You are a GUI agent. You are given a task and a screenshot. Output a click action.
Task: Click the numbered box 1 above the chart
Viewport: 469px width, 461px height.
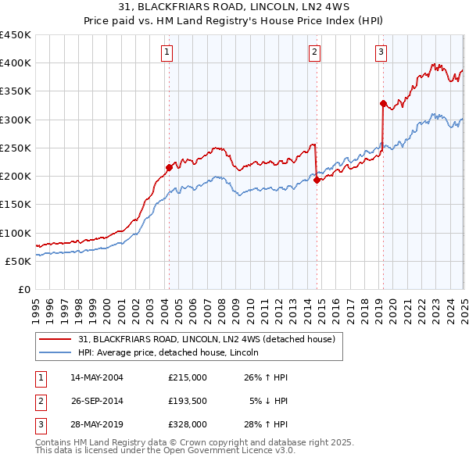[168, 52]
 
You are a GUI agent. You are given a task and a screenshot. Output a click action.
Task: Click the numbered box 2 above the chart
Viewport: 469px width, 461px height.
[314, 52]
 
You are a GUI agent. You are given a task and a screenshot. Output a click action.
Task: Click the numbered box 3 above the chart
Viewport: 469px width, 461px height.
[381, 52]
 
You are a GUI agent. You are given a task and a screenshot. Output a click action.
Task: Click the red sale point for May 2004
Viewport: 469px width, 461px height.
[169, 166]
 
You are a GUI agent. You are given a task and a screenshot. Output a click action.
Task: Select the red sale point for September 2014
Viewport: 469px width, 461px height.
[317, 180]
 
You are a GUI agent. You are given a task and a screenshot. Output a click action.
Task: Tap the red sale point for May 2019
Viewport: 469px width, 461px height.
[383, 103]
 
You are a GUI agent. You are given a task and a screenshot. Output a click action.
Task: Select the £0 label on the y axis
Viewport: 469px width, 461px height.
[23, 289]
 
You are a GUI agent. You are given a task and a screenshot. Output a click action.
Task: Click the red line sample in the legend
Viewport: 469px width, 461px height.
[54, 339]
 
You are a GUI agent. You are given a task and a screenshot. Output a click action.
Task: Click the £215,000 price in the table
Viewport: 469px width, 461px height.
[188, 377]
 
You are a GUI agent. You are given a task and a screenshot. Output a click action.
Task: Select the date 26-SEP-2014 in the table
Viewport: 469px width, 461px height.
[97, 402]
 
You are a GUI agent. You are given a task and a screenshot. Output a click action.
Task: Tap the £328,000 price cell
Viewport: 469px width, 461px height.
[188, 426]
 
